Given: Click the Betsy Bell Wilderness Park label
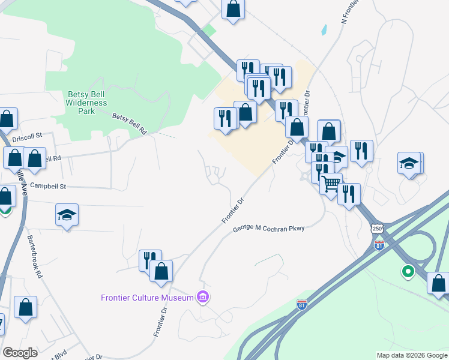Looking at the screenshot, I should click(x=87, y=103).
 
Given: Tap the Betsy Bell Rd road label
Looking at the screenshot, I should click(x=130, y=122).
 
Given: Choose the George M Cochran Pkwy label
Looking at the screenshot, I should click(x=269, y=229).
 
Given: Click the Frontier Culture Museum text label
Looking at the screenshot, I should click(x=146, y=298).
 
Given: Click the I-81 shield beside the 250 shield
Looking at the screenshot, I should click(x=379, y=245).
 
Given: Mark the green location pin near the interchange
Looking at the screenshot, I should click(x=408, y=272).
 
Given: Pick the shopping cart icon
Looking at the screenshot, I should click(x=331, y=182).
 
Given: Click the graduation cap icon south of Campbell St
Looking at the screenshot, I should click(x=67, y=214).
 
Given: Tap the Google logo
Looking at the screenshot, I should click(x=20, y=353).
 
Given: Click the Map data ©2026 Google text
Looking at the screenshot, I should click(x=412, y=355).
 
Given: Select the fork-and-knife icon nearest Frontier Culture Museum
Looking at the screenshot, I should click(x=149, y=260).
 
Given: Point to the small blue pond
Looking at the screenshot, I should click(x=324, y=29).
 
